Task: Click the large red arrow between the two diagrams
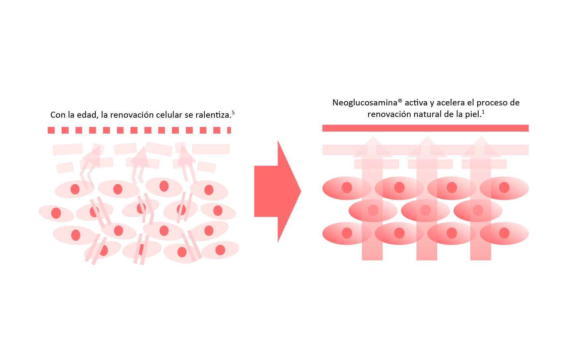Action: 277,191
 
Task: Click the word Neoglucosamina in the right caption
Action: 364,103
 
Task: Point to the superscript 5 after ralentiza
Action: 233,112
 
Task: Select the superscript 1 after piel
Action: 483,112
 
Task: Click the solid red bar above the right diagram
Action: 425,128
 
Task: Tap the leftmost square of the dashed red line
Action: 51,130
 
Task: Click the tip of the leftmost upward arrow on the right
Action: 373,137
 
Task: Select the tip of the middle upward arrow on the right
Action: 427,137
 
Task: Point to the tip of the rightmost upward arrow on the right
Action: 481,137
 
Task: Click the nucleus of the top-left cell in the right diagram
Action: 347,188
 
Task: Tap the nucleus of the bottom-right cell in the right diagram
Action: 504,233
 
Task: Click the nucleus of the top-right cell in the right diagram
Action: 504,188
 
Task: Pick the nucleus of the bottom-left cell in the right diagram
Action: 347,233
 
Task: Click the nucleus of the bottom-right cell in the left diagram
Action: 220,250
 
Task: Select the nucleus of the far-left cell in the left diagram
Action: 56,213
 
